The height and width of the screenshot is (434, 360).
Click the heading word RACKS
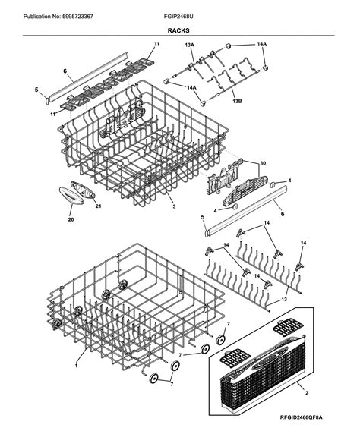pos(179,31)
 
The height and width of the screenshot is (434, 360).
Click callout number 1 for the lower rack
pos(77,366)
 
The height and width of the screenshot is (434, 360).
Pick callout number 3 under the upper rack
pos(174,206)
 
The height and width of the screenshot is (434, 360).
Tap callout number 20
pos(71,220)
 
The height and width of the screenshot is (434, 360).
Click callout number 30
pos(264,164)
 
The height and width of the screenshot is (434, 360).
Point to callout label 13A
pos(189,46)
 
